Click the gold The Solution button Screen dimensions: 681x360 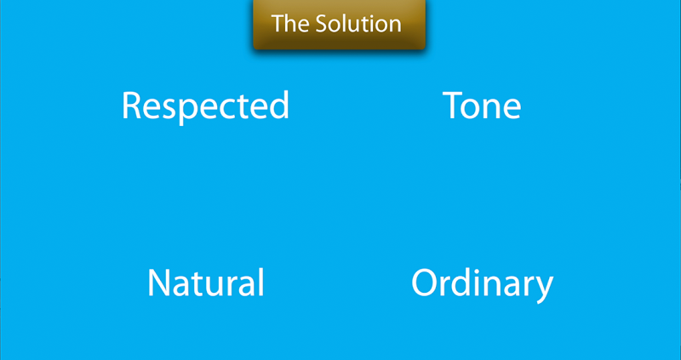click(x=339, y=24)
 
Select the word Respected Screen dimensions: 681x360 click(x=205, y=106)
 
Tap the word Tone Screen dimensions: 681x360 click(x=482, y=106)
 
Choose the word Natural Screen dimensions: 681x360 click(x=206, y=283)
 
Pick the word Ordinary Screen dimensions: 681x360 click(x=482, y=284)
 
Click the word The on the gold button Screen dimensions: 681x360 click(x=290, y=24)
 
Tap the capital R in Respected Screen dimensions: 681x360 click(x=131, y=106)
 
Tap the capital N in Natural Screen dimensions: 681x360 click(x=158, y=283)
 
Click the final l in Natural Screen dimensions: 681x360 click(x=262, y=283)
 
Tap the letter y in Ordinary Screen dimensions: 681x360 click(x=544, y=290)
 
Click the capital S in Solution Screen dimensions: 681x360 click(x=322, y=24)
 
